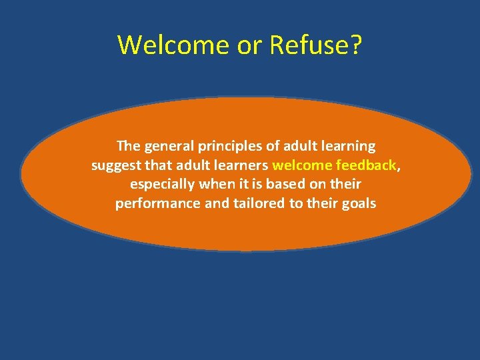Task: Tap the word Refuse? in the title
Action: pyautogui.click(x=315, y=45)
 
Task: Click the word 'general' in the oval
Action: pyautogui.click(x=165, y=146)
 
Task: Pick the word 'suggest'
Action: pyautogui.click(x=114, y=165)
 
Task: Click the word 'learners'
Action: pyautogui.click(x=242, y=165)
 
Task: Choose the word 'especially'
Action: pyautogui.click(x=162, y=185)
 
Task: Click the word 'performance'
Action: pyautogui.click(x=158, y=204)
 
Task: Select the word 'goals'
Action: pyautogui.click(x=359, y=204)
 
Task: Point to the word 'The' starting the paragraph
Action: pyautogui.click(x=127, y=145)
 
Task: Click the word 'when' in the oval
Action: pyautogui.click(x=215, y=184)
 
